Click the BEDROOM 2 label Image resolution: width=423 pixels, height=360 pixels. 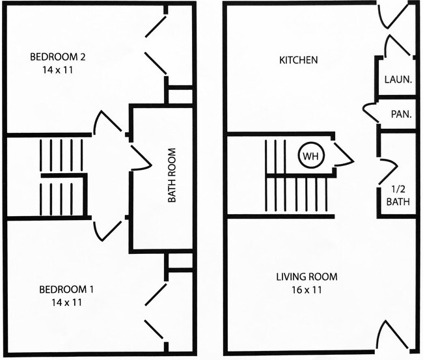point(59,57)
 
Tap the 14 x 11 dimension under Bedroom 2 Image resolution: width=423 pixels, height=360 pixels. point(59,70)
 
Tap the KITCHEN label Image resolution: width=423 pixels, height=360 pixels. point(299,61)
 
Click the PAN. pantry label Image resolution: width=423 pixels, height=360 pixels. point(400,114)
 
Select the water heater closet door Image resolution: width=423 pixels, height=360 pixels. point(342,154)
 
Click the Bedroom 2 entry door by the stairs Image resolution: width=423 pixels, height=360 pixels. point(107,124)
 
